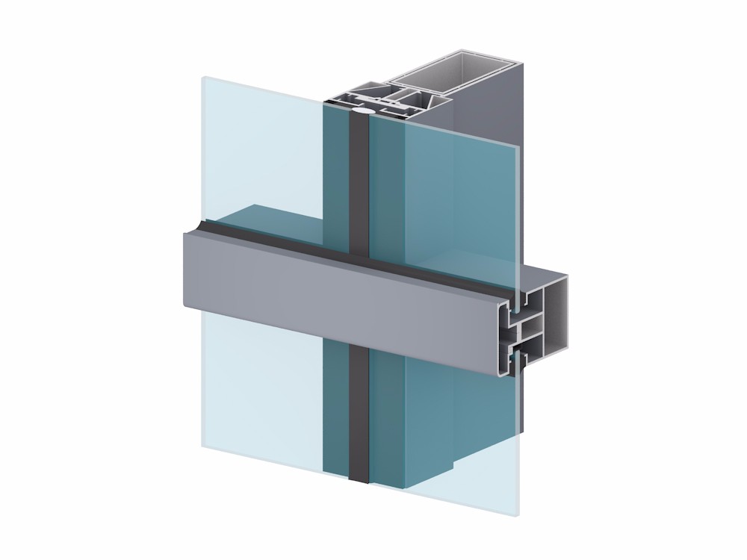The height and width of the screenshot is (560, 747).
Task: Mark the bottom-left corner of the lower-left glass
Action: point(203,446)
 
